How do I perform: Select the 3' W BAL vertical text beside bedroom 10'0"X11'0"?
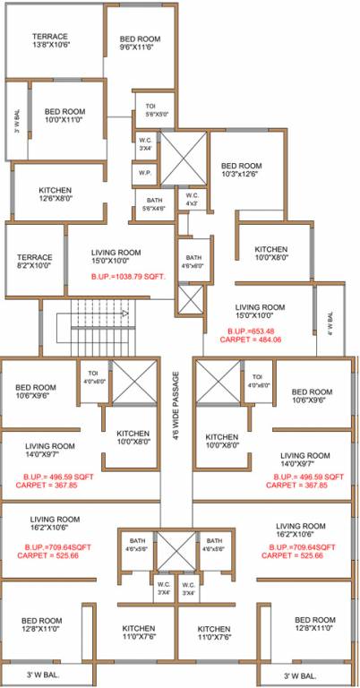pos(17,120)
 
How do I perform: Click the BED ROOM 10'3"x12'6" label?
pos(242,170)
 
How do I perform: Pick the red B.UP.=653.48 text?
pos(251,330)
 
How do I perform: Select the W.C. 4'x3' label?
pos(191,200)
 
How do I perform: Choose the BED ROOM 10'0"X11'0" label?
pos(64,116)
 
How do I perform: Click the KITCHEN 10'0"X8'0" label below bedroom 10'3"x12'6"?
pos(270,254)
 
